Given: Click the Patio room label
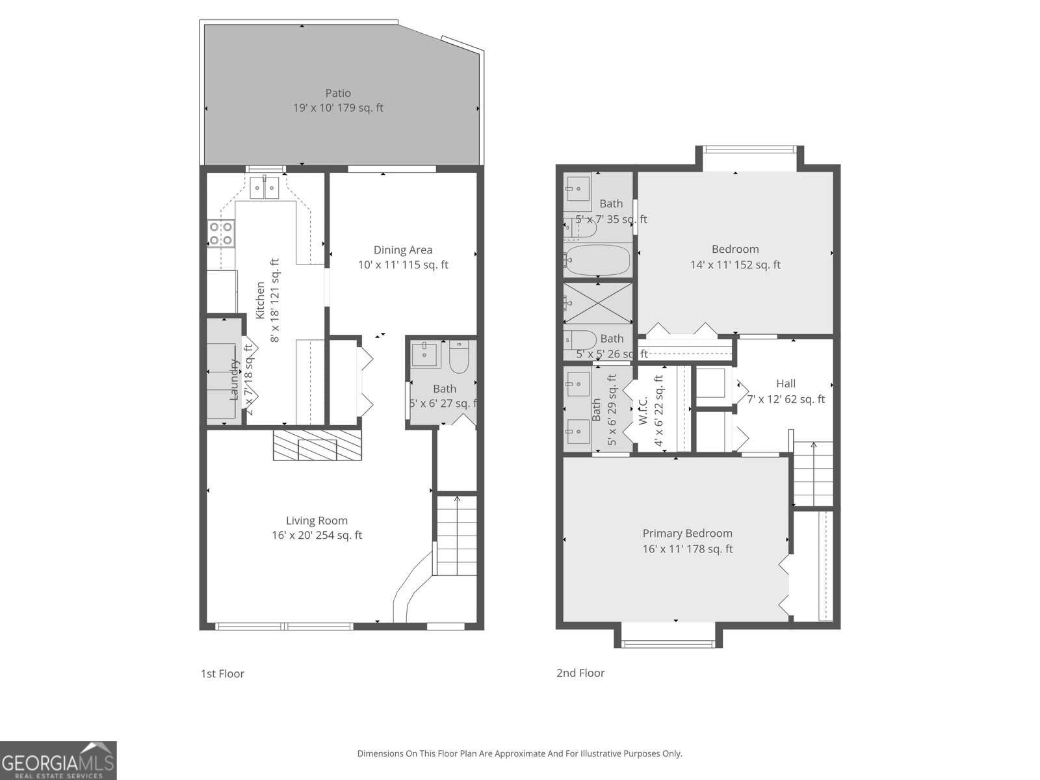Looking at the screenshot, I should (x=338, y=94).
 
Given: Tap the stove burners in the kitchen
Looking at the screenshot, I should (x=221, y=234).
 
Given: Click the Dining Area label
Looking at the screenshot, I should (x=403, y=250).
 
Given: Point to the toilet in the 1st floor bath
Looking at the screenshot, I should (x=459, y=357).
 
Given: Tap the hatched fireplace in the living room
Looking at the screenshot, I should (x=317, y=445).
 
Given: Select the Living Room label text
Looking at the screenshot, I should (x=317, y=521).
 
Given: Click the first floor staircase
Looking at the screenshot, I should (x=456, y=536).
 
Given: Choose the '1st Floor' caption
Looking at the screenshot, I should (x=222, y=673).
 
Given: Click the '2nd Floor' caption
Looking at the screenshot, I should (x=580, y=673).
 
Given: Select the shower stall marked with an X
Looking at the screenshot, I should (x=597, y=302).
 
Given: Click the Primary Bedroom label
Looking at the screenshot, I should (x=687, y=534).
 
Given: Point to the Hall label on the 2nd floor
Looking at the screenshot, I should (x=785, y=383).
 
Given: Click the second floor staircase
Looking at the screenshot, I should (x=812, y=474).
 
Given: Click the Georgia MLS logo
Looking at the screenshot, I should (x=58, y=760).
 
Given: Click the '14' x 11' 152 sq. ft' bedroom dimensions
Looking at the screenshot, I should (x=735, y=265).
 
